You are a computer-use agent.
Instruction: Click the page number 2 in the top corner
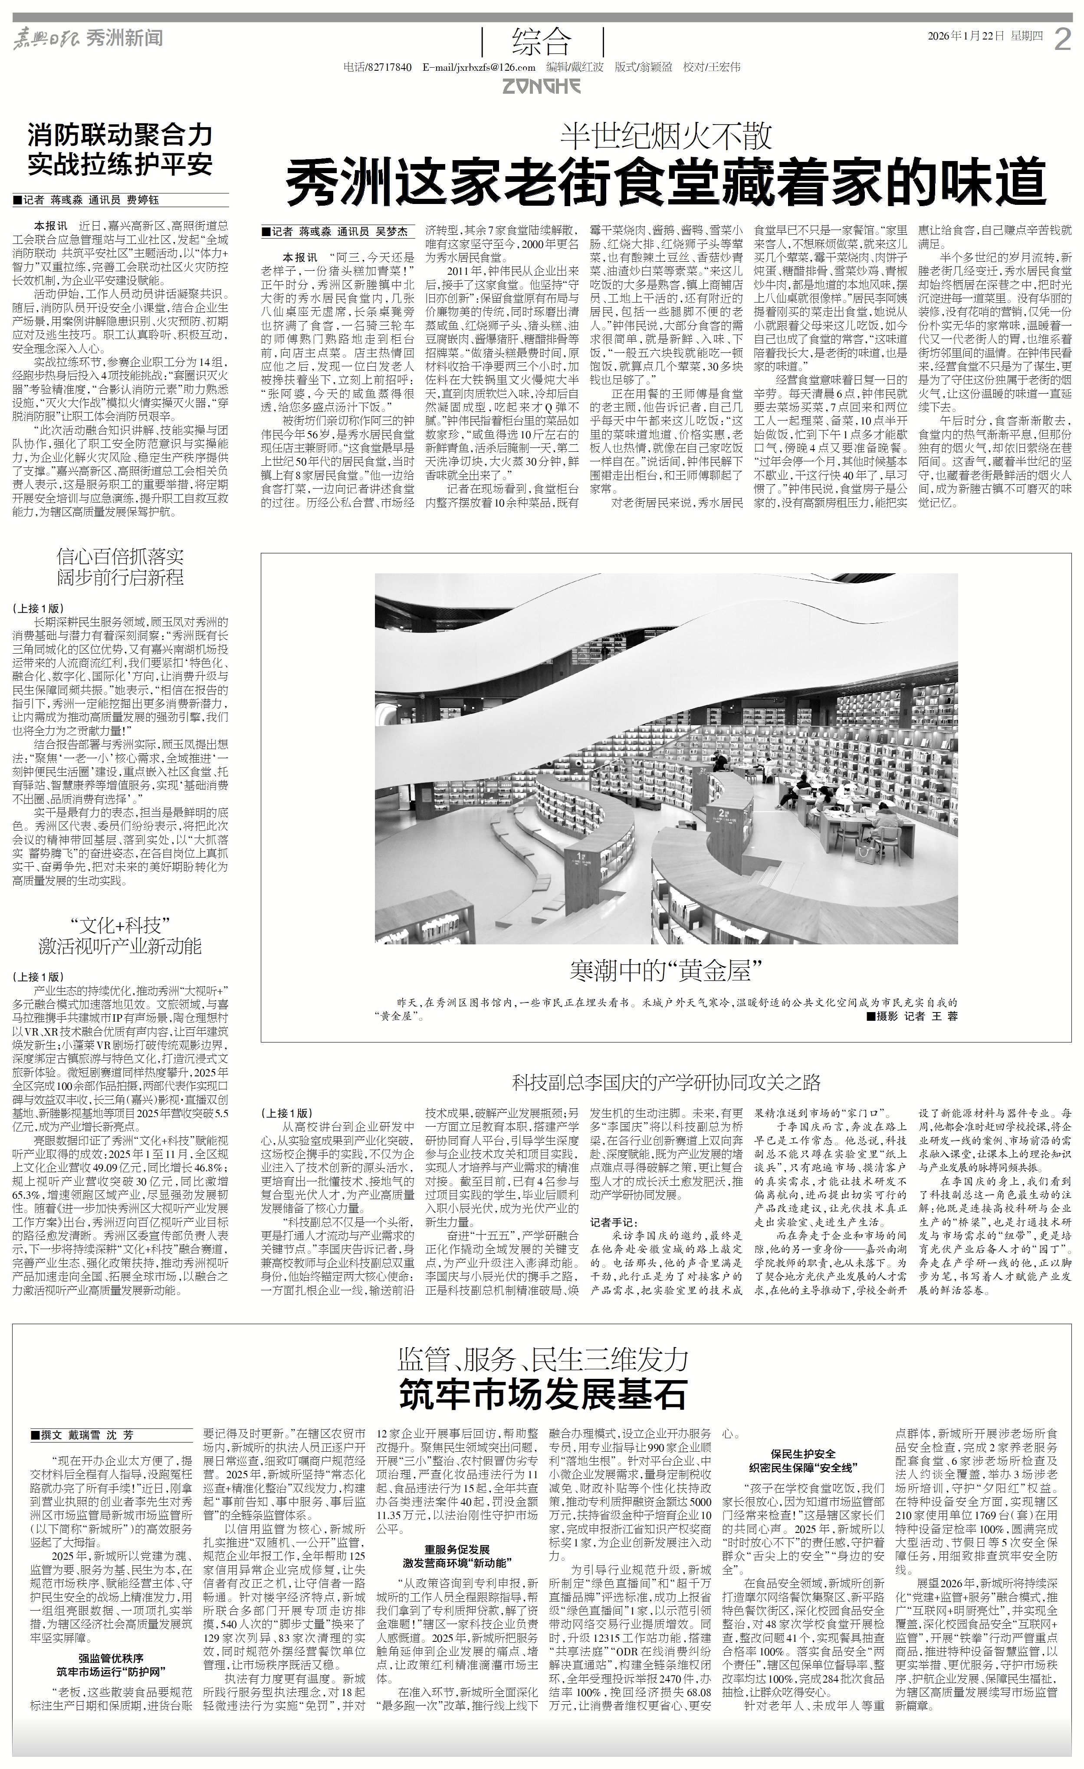1062,39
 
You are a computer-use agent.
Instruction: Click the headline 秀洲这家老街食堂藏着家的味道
666,186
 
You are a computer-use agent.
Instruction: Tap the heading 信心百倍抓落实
121,555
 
